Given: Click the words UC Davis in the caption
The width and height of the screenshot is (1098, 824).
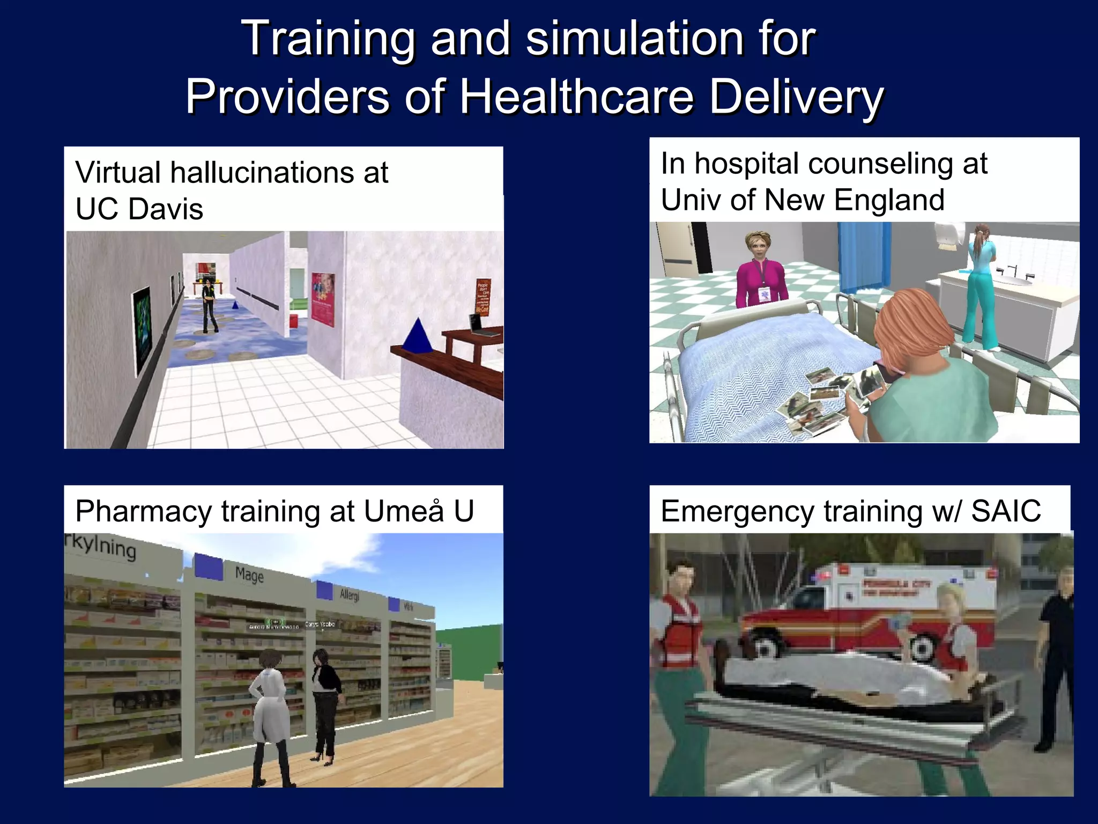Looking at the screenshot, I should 139,209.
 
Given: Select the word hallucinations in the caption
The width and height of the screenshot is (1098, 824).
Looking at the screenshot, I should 262,173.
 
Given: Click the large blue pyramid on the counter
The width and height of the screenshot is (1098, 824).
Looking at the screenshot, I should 419,336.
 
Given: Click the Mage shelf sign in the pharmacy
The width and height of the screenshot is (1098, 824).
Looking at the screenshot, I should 249,575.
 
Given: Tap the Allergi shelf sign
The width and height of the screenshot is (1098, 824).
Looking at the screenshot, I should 350,594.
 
